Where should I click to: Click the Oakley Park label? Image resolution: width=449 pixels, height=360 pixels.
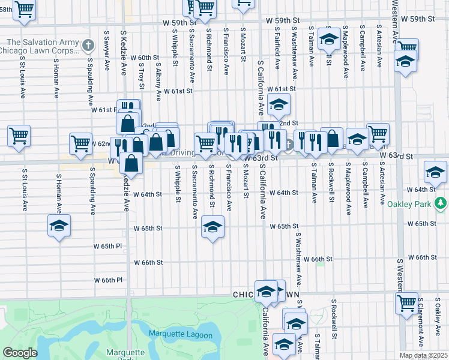pos(414,203)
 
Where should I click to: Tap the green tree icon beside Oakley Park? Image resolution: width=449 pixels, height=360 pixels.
pos(441,203)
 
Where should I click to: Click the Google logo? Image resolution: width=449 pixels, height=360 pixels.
pos(20,353)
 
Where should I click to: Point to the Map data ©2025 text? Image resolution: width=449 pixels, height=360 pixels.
pos(423,355)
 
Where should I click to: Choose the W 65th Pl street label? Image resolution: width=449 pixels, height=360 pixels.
pos(107,246)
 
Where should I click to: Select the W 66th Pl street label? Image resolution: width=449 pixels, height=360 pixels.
pos(108,280)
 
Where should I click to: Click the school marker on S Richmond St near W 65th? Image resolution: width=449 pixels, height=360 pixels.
pos(211,227)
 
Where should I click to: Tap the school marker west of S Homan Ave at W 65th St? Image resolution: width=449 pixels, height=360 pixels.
pos(59,226)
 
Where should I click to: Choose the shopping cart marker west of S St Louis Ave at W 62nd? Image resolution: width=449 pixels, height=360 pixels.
pos(19,136)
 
